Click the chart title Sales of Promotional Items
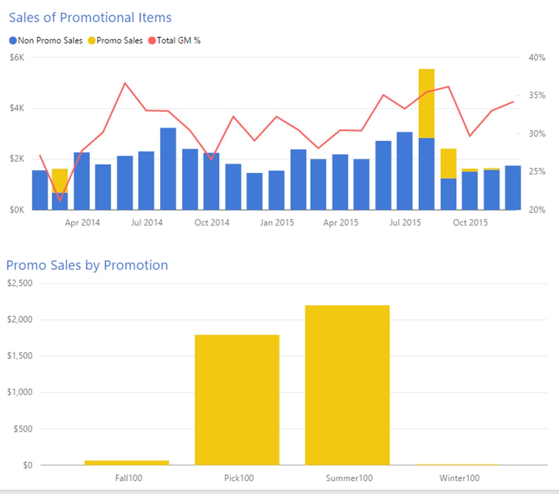[x=90, y=17]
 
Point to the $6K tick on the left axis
[x=17, y=57]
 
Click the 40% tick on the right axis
[x=537, y=57]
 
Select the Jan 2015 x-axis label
[x=277, y=222]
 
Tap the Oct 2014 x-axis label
[x=212, y=222]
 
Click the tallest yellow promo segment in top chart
[x=426, y=103]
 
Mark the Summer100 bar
[x=347, y=385]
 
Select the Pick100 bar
[x=237, y=400]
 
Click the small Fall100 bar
[x=127, y=463]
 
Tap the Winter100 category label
[x=459, y=478]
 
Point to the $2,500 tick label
[x=20, y=283]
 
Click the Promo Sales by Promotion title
[x=87, y=265]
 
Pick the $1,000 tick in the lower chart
[x=20, y=392]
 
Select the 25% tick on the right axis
[x=537, y=171]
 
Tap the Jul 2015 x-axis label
[x=405, y=222]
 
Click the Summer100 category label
[x=349, y=478]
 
